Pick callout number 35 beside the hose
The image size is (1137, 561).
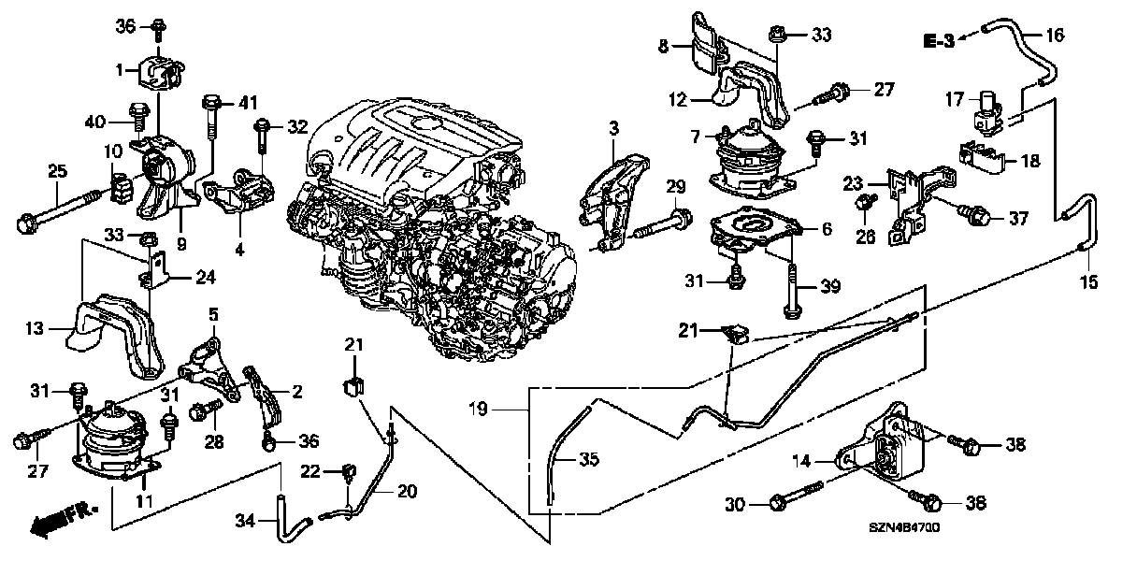coord(586,459)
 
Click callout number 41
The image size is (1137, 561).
coord(246,101)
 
